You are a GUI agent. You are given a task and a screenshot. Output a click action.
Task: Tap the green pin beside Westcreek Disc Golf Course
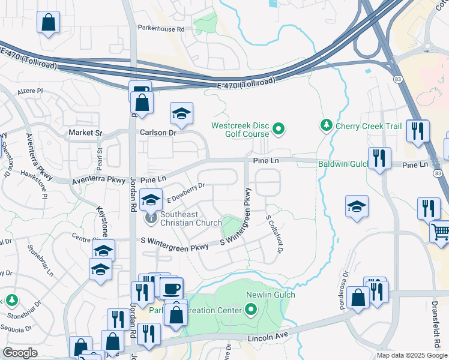(x=279, y=128)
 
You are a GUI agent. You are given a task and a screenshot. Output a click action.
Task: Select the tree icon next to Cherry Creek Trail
(x=327, y=125)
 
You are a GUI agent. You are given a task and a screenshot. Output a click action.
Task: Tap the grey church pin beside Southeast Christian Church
(x=151, y=218)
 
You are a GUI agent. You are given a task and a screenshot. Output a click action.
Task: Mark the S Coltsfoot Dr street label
(x=273, y=235)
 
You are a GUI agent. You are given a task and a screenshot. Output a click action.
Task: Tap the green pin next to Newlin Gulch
(x=250, y=310)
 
